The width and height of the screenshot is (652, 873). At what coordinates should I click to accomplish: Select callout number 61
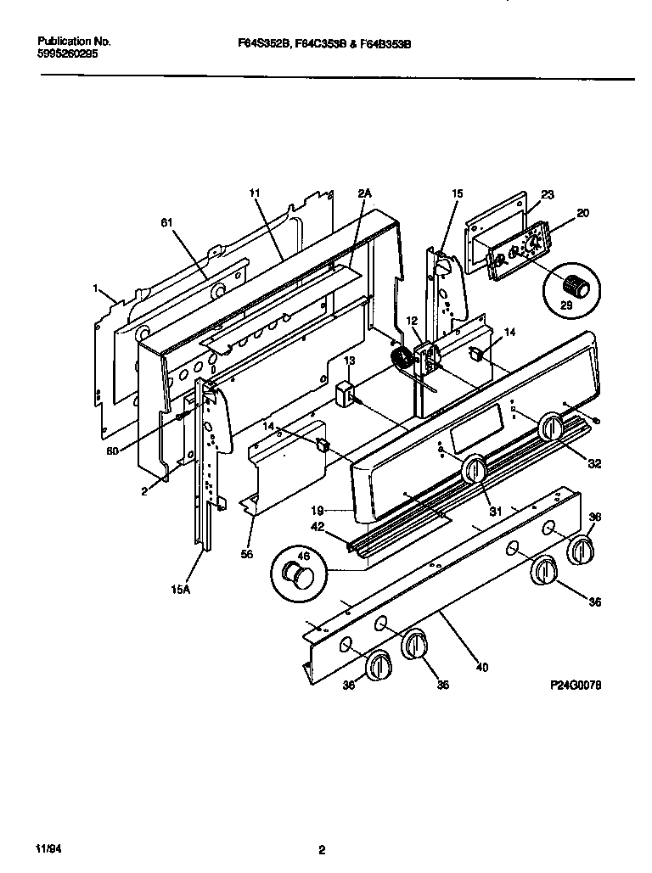tap(166, 223)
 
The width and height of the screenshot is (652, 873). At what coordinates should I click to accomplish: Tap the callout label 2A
tap(364, 194)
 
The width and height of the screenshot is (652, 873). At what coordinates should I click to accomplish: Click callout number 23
tap(547, 194)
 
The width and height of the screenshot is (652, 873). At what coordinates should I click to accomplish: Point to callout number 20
tap(582, 213)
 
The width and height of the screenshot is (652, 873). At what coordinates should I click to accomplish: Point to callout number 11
tap(254, 194)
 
